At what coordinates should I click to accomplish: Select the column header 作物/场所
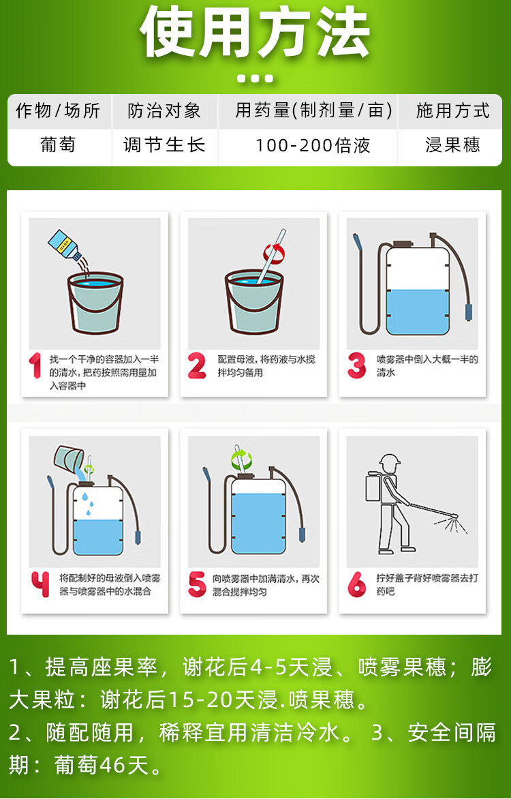(x=57, y=110)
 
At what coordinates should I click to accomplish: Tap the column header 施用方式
(x=452, y=110)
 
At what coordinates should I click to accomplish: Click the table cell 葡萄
(x=57, y=145)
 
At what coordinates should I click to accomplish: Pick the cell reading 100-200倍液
(x=312, y=145)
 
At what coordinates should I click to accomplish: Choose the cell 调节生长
(x=164, y=145)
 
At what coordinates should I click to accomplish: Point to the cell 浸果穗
(x=452, y=145)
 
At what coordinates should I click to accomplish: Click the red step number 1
(x=35, y=366)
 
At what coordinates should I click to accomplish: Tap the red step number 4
(x=40, y=584)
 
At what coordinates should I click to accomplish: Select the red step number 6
(x=356, y=584)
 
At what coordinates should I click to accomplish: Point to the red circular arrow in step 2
(x=274, y=253)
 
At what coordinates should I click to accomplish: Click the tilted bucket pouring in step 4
(x=69, y=461)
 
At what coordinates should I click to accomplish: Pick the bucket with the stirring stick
(x=254, y=301)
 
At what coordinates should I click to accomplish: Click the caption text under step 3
(x=427, y=366)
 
